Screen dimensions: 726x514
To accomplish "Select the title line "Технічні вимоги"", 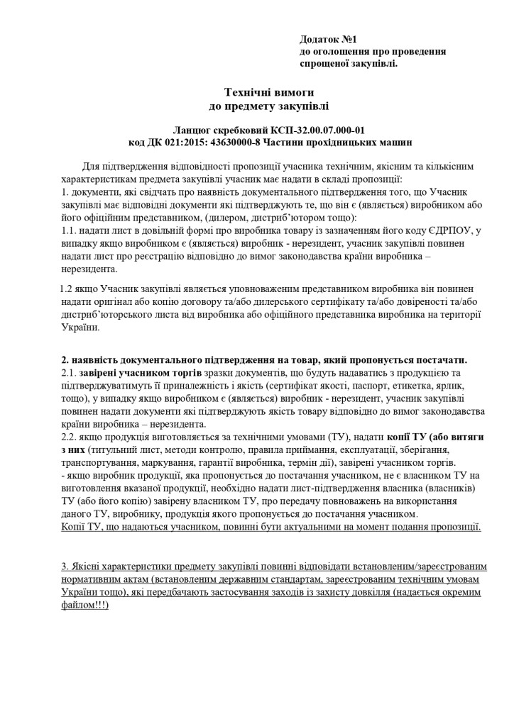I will pos(268,92).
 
